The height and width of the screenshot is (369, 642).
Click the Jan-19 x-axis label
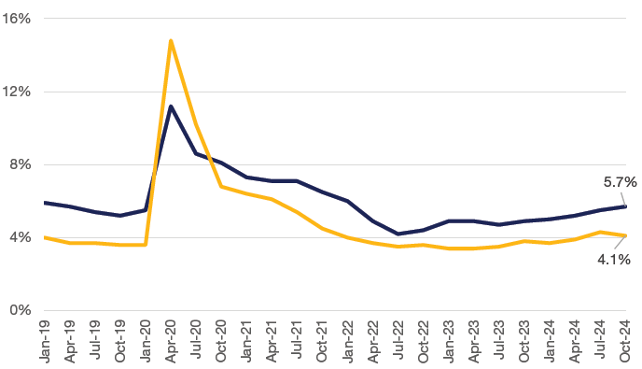point(44,341)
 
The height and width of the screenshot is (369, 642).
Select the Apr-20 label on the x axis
point(171,341)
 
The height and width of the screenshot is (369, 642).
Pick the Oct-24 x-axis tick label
point(625,341)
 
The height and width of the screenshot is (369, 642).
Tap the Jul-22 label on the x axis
point(398,341)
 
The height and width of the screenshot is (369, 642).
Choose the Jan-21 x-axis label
point(246,341)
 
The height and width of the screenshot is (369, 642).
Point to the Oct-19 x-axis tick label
point(119,341)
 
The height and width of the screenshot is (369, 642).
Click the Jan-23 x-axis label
point(449,341)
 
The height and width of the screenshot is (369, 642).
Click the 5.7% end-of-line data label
point(620,183)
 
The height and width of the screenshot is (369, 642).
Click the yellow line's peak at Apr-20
point(171,40)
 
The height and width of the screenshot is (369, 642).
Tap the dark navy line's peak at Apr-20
point(171,106)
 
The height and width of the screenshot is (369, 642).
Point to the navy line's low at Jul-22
point(398,234)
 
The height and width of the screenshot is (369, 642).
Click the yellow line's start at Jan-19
point(44,237)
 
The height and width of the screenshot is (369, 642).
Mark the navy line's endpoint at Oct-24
point(625,206)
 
